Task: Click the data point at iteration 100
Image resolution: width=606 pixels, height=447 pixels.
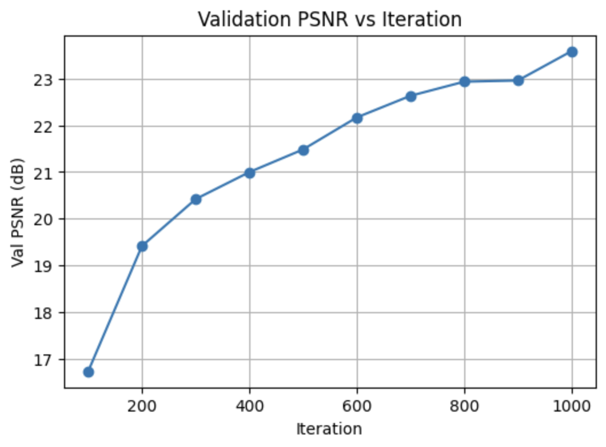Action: coord(89,372)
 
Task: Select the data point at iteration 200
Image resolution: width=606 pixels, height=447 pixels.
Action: coord(142,246)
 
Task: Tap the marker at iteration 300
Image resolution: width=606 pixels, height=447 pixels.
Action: coord(196,199)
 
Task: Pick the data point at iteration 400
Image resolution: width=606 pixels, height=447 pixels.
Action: coord(250,173)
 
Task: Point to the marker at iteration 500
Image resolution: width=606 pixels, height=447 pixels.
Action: coord(304,150)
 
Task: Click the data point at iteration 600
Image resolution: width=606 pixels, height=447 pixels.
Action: coord(357,118)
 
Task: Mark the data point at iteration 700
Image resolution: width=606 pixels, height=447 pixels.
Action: coord(411,96)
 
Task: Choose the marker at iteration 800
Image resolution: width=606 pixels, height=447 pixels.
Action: coord(465,82)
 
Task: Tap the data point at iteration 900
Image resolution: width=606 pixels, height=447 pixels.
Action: coord(519,81)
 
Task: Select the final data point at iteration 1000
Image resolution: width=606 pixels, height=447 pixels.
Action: coord(572,52)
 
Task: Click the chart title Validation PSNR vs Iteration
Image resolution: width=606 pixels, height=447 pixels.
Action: coord(330,19)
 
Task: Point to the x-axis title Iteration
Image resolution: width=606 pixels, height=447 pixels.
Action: coord(329,429)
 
